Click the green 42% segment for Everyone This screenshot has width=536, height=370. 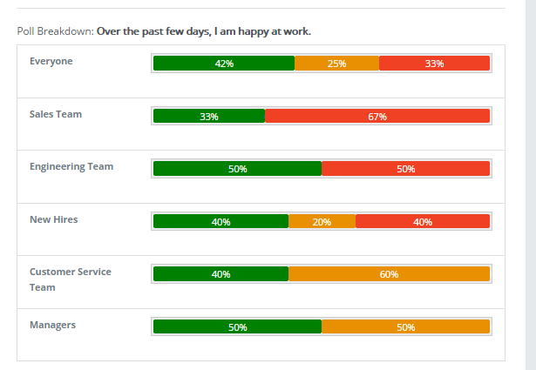(224, 64)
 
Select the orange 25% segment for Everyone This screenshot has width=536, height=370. (336, 64)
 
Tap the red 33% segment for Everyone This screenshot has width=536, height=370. (434, 64)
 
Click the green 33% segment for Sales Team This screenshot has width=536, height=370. (209, 116)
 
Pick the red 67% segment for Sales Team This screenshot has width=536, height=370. (377, 116)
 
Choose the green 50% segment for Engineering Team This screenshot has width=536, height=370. (237, 169)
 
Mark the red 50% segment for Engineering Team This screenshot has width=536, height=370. (405, 169)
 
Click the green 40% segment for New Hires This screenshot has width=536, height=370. (221, 221)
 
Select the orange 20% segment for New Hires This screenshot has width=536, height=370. (322, 221)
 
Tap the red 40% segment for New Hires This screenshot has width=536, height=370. (423, 221)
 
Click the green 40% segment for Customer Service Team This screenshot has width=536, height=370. (221, 274)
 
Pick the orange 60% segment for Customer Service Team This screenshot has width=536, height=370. (389, 274)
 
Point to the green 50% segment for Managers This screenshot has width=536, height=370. (237, 327)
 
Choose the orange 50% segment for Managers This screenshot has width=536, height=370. (405, 327)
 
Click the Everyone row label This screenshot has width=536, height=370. (51, 61)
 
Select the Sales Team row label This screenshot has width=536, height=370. (56, 114)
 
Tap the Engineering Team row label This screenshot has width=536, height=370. (71, 166)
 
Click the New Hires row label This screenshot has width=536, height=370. (54, 219)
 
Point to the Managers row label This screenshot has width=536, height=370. (52, 325)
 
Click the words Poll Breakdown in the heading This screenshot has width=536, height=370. (54, 32)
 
